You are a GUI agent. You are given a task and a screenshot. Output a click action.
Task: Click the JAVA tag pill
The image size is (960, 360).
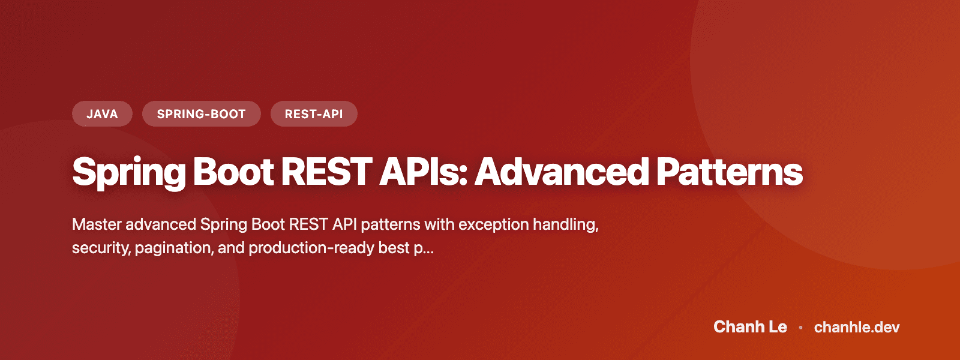click(102, 114)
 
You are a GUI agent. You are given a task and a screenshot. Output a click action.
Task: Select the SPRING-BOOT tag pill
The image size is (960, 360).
click(201, 114)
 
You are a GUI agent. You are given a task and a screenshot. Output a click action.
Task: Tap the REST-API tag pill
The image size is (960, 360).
click(314, 114)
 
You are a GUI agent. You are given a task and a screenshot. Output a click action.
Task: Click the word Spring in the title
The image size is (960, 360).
click(129, 173)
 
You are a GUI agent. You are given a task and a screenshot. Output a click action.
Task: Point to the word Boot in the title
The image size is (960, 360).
click(233, 172)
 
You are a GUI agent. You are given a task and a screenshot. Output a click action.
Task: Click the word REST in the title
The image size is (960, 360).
click(326, 172)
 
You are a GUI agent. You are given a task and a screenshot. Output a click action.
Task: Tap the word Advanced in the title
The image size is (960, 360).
click(562, 172)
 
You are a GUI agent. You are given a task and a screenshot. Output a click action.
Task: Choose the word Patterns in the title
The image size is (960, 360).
click(729, 172)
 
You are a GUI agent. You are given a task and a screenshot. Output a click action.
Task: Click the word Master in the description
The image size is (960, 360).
click(97, 224)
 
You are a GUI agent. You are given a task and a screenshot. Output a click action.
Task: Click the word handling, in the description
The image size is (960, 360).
click(566, 224)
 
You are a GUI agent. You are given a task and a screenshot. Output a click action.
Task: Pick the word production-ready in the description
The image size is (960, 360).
click(311, 248)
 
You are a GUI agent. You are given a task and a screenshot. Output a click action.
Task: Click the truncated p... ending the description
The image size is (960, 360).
click(424, 248)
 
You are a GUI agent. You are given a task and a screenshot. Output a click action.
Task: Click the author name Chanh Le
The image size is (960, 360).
click(750, 327)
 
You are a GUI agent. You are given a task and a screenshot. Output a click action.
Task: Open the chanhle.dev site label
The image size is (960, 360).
click(857, 327)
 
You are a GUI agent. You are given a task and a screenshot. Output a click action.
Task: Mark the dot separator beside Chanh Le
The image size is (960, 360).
click(800, 328)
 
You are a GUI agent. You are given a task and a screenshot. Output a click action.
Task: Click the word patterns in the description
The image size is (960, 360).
click(390, 224)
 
